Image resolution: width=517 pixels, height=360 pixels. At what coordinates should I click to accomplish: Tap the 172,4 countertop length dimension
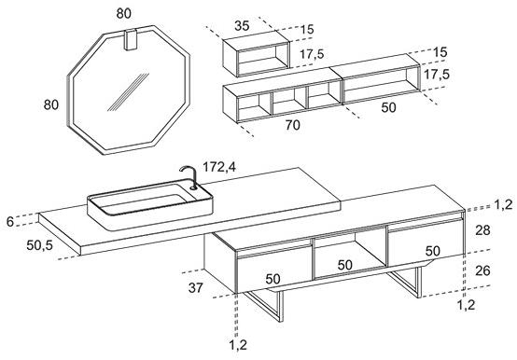click(219, 167)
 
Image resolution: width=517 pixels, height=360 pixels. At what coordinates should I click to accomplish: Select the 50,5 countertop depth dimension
click(39, 244)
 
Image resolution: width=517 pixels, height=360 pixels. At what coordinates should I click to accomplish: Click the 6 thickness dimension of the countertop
click(10, 221)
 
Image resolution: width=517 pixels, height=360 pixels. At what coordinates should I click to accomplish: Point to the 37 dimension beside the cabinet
click(196, 288)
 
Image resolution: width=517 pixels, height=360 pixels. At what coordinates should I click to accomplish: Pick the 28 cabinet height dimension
click(482, 230)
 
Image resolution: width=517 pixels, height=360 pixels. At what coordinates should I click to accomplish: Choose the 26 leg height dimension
click(482, 270)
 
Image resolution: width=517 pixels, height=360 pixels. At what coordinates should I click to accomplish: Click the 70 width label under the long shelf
click(293, 125)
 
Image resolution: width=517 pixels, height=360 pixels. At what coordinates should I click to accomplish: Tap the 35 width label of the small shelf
click(242, 26)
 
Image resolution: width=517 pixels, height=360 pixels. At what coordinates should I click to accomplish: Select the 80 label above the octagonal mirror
click(123, 13)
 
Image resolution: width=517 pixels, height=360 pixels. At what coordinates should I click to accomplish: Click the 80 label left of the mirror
click(51, 104)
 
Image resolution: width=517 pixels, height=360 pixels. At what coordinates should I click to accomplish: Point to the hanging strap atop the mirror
click(131, 39)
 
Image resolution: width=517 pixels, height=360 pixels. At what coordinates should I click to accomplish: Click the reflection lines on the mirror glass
click(128, 92)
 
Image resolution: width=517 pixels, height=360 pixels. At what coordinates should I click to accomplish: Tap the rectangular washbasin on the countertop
click(150, 204)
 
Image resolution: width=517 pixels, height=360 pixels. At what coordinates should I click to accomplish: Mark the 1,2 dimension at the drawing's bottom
click(238, 345)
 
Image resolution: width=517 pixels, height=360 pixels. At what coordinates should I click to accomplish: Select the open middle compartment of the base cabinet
click(350, 254)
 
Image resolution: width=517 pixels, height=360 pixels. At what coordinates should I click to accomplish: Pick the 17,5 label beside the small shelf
click(312, 54)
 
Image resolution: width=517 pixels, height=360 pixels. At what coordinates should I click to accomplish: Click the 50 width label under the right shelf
click(388, 107)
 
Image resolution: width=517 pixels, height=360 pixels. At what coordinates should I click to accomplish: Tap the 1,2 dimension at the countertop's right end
click(503, 204)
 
